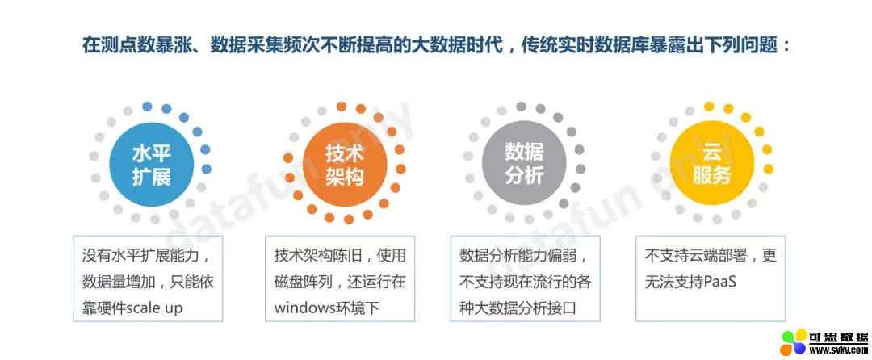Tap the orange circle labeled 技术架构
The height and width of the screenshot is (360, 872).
tap(345, 163)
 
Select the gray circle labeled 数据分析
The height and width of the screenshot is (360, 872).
tap(524, 163)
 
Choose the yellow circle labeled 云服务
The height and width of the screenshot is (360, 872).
tap(712, 163)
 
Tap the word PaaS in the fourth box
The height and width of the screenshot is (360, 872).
tap(720, 283)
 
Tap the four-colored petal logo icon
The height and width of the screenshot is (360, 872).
tap(794, 342)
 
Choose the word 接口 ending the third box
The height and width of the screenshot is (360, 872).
tap(579, 308)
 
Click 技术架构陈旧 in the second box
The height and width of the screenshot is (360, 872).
tap(313, 256)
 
